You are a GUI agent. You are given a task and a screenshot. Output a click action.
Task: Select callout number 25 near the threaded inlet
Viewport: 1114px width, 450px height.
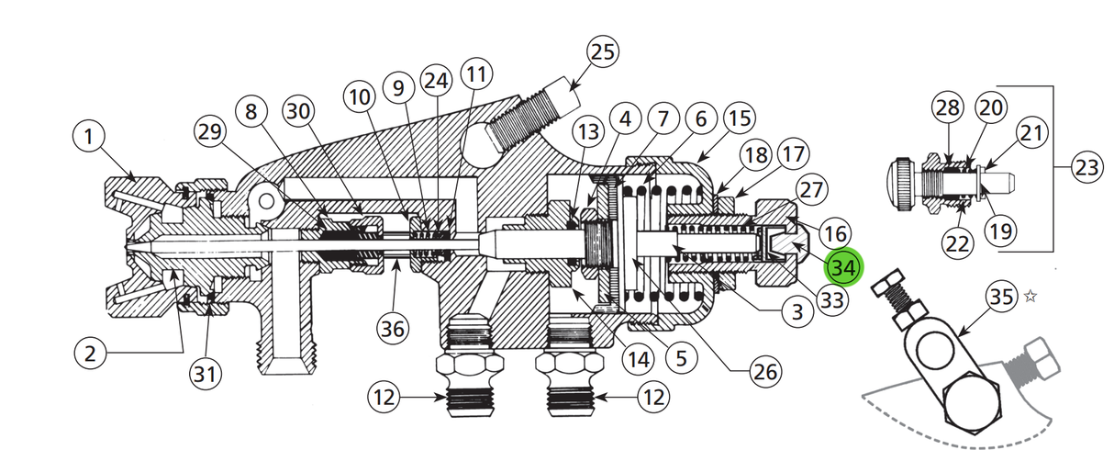[603, 52]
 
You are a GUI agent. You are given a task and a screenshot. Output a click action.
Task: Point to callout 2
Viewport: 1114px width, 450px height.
[90, 354]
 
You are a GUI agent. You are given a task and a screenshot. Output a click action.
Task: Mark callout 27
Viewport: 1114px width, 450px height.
[812, 190]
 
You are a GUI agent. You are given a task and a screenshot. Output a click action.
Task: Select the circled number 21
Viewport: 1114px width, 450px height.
[1033, 134]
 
